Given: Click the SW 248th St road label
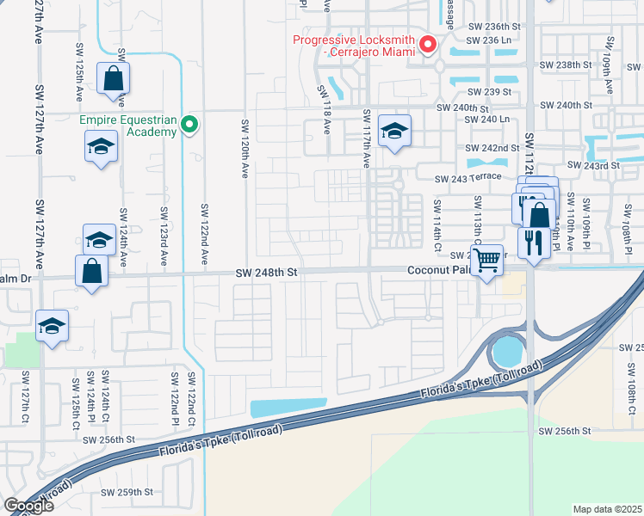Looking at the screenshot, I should (x=267, y=272).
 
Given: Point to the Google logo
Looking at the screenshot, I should (x=28, y=506).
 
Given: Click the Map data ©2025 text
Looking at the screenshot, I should (x=607, y=509).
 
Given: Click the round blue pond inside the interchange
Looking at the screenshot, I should (x=506, y=351).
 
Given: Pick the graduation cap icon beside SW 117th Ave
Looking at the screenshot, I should (x=394, y=131).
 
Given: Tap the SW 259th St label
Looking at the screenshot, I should (x=127, y=493).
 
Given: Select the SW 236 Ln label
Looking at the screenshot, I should (x=488, y=40).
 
